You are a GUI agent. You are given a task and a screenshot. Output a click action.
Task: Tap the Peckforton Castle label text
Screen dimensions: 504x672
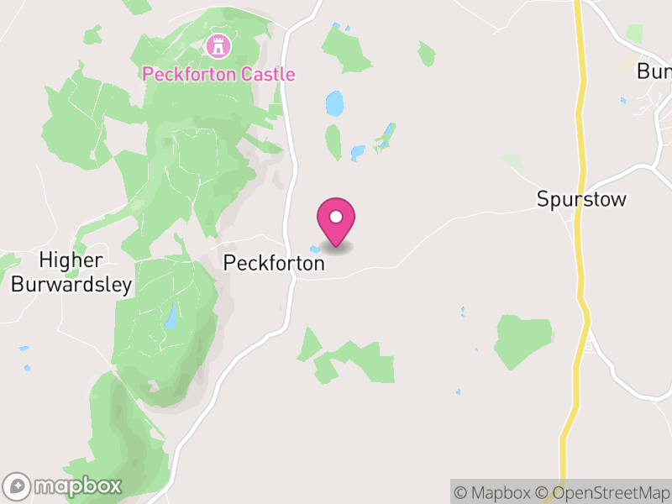(218, 74)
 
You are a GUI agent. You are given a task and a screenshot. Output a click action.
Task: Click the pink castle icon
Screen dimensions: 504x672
(218, 45)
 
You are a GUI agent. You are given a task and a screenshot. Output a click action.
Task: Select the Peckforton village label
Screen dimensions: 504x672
(274, 263)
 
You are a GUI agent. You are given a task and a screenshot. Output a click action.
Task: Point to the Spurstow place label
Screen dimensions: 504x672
(582, 200)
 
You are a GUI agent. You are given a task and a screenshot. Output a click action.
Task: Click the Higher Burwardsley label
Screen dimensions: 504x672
(71, 273)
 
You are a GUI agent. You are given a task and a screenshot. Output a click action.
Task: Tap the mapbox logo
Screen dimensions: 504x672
(63, 486)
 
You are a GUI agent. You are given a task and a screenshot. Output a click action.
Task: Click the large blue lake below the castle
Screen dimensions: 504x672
(335, 104)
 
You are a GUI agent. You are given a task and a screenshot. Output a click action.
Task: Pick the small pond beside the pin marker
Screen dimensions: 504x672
(315, 249)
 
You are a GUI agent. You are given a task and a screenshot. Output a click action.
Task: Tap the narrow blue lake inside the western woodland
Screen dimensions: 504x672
(171, 316)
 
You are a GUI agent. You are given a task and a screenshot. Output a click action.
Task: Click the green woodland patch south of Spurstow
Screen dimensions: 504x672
(522, 340)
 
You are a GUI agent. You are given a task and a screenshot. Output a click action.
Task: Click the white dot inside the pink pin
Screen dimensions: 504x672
(336, 217)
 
